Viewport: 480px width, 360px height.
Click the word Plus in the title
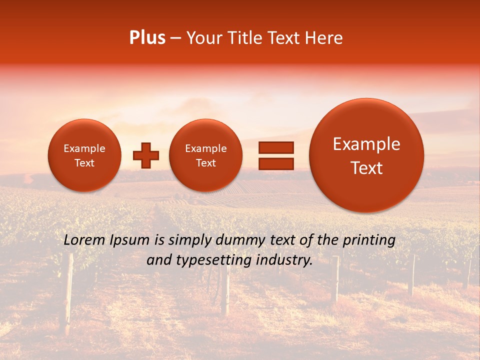tap(147, 38)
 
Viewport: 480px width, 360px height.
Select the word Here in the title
tap(324, 38)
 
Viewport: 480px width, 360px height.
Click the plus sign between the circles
tap(146, 155)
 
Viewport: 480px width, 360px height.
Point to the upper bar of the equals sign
tap(275, 147)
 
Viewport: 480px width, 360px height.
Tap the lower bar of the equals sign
tap(275, 163)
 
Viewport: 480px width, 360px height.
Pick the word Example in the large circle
tap(366, 144)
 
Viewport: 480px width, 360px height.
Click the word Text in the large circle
tap(366, 168)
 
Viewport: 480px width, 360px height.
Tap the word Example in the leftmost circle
tap(84, 148)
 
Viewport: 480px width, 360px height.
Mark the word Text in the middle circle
tap(205, 163)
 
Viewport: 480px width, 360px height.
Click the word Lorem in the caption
tap(84, 240)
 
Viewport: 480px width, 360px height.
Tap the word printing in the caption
tap(369, 240)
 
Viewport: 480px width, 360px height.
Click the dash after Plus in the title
tap(175, 38)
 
